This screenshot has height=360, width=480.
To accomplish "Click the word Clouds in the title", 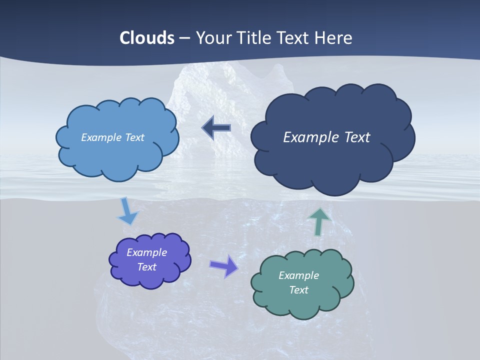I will point(147,38).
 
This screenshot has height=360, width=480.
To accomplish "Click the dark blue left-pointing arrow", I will point(216,128).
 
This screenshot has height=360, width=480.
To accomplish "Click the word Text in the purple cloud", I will point(147,267).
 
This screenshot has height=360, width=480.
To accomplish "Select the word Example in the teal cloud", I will point(298,275).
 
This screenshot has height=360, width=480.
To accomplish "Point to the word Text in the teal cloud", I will point(298,290).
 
